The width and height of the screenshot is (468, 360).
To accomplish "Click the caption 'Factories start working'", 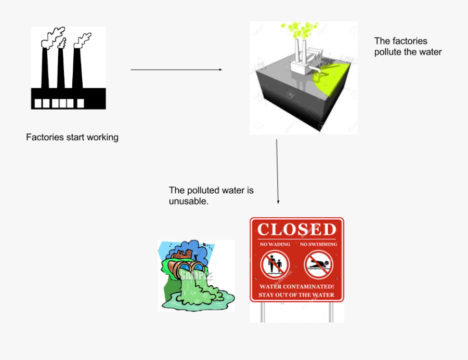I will click(72, 138).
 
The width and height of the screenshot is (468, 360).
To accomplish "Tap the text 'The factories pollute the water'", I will click(408, 46).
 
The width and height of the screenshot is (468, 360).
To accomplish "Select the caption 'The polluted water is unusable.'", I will click(211, 195).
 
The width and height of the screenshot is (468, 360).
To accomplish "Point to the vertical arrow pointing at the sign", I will click(277, 171).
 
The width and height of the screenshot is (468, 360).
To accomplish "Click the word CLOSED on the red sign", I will click(297, 229).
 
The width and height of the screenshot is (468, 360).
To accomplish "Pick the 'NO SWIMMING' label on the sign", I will click(318, 244).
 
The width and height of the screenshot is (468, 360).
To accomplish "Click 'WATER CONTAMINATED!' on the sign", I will click(297, 286).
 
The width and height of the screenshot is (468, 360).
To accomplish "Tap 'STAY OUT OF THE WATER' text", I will click(297, 295).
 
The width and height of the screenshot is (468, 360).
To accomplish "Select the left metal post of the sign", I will click(263, 311).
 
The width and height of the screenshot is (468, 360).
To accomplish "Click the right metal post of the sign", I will click(331, 311).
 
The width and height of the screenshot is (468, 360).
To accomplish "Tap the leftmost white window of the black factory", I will click(37, 103).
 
